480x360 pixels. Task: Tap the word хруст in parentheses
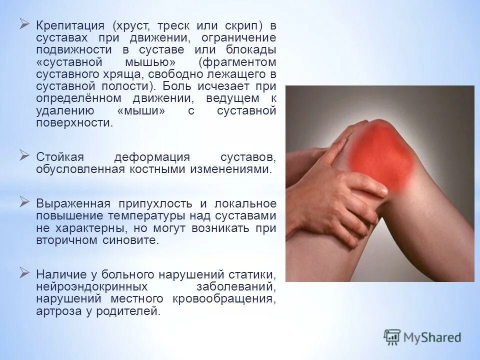pyautogui.click(x=131, y=25)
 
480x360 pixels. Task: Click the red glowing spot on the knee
pyautogui.click(x=380, y=152)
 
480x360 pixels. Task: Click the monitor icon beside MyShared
pyautogui.click(x=392, y=336)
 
